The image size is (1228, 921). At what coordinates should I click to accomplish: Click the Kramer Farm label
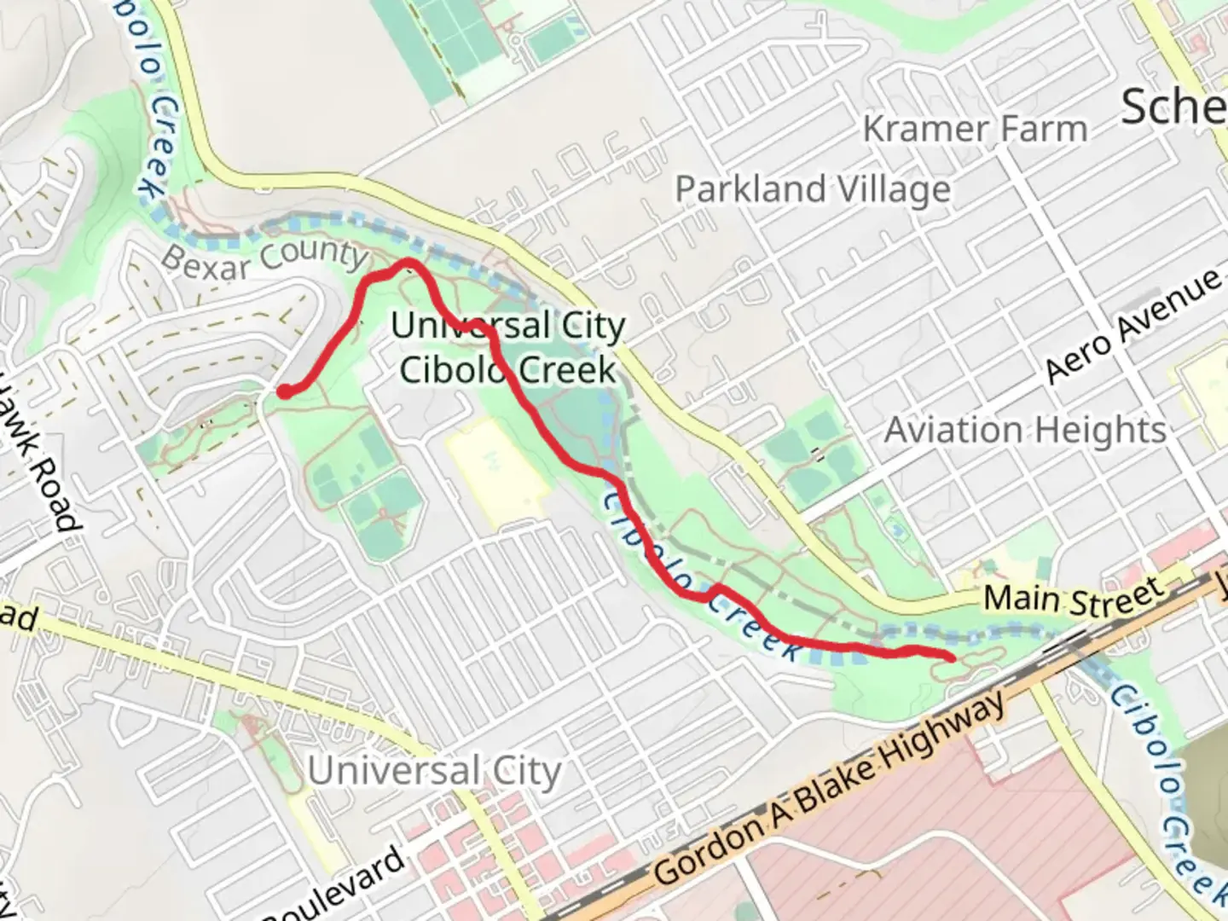coord(975,130)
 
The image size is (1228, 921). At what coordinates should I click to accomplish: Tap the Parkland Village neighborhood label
coord(813,189)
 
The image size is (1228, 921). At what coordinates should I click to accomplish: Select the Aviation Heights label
coord(1025,430)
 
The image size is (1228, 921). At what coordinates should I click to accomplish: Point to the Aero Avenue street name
coord(1133,326)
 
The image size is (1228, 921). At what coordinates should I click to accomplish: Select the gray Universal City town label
coord(434,771)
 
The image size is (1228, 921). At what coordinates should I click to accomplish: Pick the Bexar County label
coord(264,258)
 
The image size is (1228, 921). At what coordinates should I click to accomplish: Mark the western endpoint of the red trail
coord(282,391)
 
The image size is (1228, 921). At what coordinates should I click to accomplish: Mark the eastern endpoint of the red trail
coord(950,656)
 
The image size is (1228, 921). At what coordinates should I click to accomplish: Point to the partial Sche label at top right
coord(1173,107)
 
